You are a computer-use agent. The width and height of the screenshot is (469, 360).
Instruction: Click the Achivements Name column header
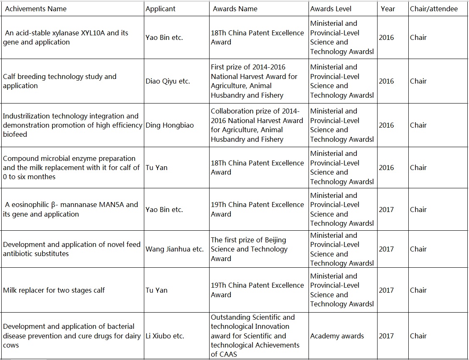coord(36,9)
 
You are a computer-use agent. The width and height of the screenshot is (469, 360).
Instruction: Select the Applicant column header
coord(160,9)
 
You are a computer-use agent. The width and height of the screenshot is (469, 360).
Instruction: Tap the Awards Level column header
coord(331,9)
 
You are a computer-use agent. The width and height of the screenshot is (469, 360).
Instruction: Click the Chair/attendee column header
coord(434,9)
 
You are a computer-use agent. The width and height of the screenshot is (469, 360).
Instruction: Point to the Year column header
coord(388,9)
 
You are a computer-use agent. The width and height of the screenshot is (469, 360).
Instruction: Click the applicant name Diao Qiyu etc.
coord(168,81)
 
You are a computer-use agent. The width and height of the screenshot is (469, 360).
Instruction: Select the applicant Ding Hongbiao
coord(170,125)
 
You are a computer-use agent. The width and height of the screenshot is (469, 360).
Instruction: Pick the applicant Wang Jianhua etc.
coord(175,249)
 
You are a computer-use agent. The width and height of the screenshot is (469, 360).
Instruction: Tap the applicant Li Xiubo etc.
coord(165,336)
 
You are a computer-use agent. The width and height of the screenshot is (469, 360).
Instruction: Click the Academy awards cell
coord(337,336)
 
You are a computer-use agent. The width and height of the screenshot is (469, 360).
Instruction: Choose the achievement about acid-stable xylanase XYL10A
coord(67,37)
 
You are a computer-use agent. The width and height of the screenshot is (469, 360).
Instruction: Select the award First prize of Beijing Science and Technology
coord(249,249)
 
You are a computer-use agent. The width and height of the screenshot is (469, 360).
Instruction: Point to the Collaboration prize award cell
coord(257,125)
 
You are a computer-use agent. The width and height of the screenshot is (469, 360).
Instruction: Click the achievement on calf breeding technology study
coord(59,81)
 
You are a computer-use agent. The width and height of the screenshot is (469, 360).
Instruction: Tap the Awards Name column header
coord(235,9)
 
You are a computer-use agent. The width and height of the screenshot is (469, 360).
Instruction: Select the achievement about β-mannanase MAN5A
coord(71,210)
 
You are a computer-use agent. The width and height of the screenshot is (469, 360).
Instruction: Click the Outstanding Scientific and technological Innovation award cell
coord(255,336)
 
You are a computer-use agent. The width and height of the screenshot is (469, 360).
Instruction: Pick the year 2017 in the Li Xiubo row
coord(386,336)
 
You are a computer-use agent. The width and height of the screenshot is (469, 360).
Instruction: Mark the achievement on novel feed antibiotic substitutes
coord(72,249)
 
